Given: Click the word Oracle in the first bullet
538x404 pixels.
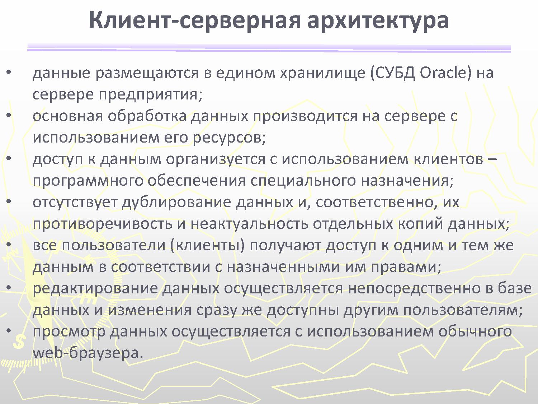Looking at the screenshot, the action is tap(445, 73).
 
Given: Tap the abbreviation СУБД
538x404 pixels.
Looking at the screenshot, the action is tap(393, 73).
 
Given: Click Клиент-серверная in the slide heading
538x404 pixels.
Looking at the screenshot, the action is tap(195, 20).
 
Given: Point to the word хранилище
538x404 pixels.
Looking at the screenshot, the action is tap(322, 74).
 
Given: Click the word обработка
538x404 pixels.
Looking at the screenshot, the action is tap(147, 116).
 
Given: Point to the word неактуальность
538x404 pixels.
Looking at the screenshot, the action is tap(249, 224).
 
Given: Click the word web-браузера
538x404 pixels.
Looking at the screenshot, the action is tap(88, 353).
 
